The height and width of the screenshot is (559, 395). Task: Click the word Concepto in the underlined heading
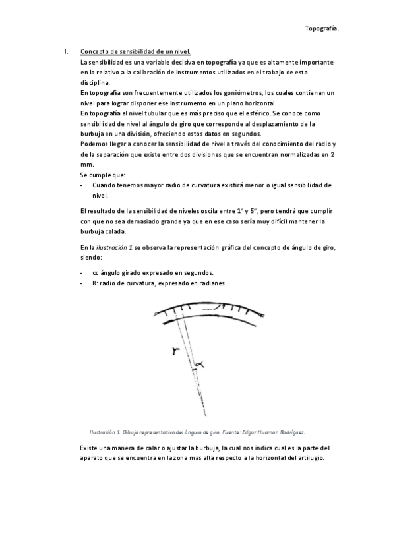tap(94, 51)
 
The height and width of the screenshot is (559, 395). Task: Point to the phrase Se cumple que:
tap(102, 175)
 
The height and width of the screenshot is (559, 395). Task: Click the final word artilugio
tap(309, 458)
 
